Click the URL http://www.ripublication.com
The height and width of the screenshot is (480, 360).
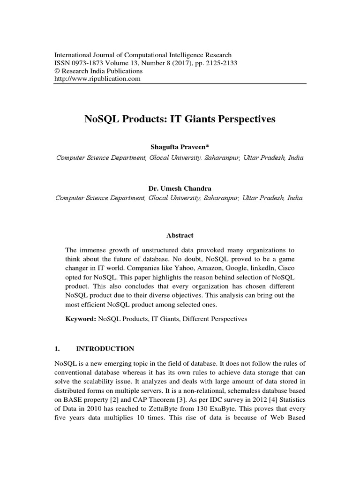tap(98, 79)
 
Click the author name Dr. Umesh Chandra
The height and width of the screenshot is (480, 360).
tap(180, 188)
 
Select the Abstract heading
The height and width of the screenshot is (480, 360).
tap(180, 235)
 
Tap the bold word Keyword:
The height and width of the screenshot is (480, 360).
tap(80, 319)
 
